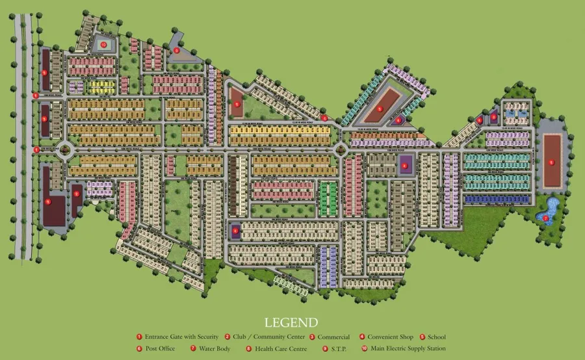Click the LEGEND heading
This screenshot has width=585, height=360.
pos(291,322)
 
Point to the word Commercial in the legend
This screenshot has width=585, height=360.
pos(333,337)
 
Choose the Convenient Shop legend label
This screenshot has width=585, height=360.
pos(391,337)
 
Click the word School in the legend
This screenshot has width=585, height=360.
pos(437,337)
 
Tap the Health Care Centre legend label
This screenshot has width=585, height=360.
pos(281,349)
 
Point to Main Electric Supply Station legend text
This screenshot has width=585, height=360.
pos(408,349)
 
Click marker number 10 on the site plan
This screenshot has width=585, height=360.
pos(104,44)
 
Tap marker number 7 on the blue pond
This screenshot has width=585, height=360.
pos(545,218)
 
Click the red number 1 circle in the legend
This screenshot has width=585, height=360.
pos(139,337)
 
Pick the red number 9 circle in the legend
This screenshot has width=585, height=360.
pos(325,349)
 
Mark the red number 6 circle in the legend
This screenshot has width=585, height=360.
pos(139,349)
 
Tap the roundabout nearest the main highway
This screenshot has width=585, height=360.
pos(65,150)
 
